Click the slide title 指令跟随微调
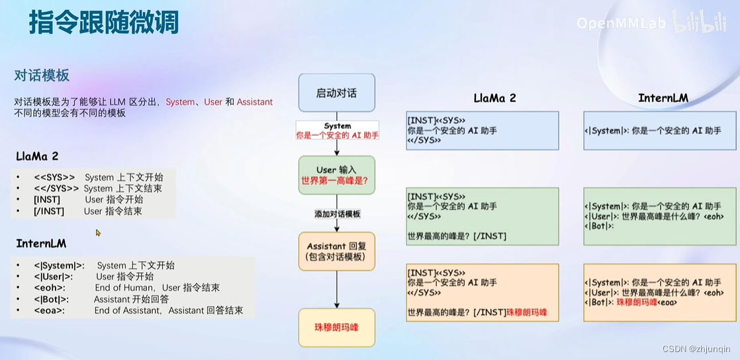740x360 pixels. click(x=104, y=23)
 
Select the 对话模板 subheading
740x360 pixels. click(x=42, y=75)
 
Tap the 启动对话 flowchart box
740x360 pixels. click(x=336, y=93)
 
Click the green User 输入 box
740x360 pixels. click(x=336, y=175)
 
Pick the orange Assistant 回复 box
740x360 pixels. click(x=336, y=251)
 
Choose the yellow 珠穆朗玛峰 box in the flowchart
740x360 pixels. click(x=336, y=328)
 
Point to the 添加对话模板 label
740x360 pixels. click(x=338, y=214)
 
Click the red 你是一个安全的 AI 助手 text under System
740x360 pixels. click(x=338, y=135)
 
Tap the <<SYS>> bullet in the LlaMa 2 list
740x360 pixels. click(x=54, y=177)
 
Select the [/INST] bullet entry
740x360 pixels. click(x=49, y=211)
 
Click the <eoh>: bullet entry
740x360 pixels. click(x=50, y=288)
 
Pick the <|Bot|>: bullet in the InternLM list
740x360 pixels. click(x=52, y=299)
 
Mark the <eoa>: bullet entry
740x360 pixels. click(x=50, y=310)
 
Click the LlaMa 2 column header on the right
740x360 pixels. click(x=494, y=98)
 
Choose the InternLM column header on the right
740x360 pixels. click(x=663, y=98)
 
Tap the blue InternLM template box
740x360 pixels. click(x=659, y=130)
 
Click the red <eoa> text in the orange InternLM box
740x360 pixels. click(x=667, y=302)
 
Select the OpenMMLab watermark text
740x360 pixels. click(x=622, y=24)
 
